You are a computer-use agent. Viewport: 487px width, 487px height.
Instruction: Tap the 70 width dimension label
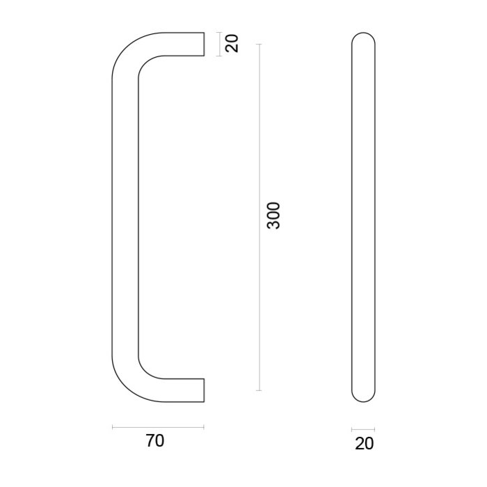pyautogui.click(x=156, y=441)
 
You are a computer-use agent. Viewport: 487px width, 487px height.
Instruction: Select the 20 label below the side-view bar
pyautogui.click(x=363, y=443)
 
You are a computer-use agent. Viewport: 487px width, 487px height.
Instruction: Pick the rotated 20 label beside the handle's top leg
pyautogui.click(x=232, y=43)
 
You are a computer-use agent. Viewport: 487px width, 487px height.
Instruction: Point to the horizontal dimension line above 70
pyautogui.click(x=158, y=426)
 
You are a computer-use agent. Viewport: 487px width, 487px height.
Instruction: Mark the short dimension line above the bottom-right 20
pyautogui.click(x=363, y=428)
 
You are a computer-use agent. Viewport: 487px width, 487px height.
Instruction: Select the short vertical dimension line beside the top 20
pyautogui.click(x=219, y=43)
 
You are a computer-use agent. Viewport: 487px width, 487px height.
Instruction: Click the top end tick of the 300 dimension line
pyautogui.click(x=260, y=44)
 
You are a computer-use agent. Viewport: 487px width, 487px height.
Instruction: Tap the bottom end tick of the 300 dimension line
pyautogui.click(x=260, y=391)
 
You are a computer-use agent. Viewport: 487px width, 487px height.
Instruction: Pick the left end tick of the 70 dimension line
pyautogui.click(x=112, y=426)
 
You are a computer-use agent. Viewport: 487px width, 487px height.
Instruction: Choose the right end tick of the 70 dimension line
pyautogui.click(x=204, y=426)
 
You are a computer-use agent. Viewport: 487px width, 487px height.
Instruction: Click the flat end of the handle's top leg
pyautogui.click(x=204, y=43)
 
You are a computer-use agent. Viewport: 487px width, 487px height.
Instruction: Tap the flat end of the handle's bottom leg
pyautogui.click(x=204, y=390)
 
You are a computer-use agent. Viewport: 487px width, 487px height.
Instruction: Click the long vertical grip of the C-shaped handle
pyautogui.click(x=125, y=216)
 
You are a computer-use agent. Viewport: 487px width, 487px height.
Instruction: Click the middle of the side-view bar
pyautogui.click(x=363, y=216)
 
